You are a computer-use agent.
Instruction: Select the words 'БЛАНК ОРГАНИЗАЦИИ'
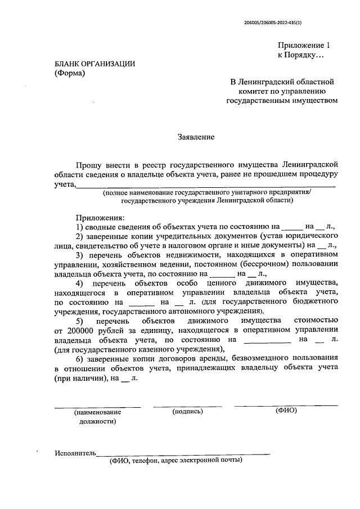click(94, 64)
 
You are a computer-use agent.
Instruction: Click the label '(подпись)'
click(187, 411)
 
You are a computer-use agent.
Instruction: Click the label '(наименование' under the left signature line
click(97, 412)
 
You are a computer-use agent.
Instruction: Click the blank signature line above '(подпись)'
click(187, 406)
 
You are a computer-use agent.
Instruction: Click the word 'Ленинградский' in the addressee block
click(272, 83)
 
